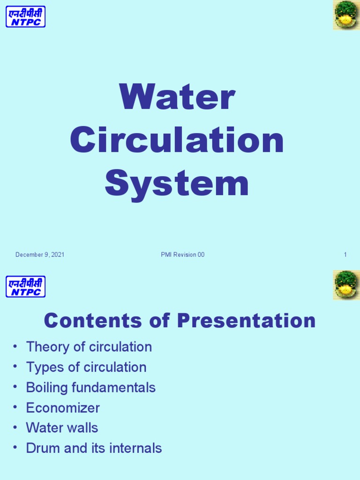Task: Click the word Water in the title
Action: point(177,98)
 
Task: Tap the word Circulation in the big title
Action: point(177,141)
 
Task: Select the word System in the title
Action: point(177,184)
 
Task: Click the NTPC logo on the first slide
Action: point(26,16)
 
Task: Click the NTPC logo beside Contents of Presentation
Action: point(26,286)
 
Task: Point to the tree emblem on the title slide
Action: point(346,15)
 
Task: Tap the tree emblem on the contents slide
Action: point(346,285)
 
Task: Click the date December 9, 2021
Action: point(40,255)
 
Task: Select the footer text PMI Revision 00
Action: point(182,255)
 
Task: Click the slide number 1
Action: point(345,255)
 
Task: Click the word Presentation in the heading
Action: point(246,321)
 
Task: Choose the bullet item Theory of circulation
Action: point(89,347)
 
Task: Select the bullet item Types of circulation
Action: point(86,367)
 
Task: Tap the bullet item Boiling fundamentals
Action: point(91,388)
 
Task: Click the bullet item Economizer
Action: point(63,408)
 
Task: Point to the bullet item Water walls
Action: point(62,428)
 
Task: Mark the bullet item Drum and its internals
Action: point(94,448)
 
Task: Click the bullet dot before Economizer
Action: point(15,407)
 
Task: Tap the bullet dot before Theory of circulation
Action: point(15,346)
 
